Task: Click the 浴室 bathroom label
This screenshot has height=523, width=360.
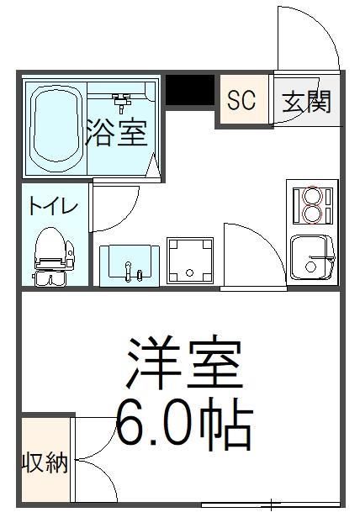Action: [x=119, y=133]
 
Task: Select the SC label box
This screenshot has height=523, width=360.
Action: [x=241, y=101]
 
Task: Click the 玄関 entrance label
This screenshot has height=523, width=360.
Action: [x=305, y=102]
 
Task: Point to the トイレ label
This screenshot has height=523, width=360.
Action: [x=53, y=206]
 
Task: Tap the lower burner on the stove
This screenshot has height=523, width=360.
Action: [x=311, y=215]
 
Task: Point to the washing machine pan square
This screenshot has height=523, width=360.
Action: [x=191, y=261]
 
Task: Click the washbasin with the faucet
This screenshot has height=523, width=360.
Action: [x=129, y=264]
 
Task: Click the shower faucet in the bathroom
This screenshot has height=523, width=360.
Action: [x=123, y=103]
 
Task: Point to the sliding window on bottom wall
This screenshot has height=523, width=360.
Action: [x=269, y=505]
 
